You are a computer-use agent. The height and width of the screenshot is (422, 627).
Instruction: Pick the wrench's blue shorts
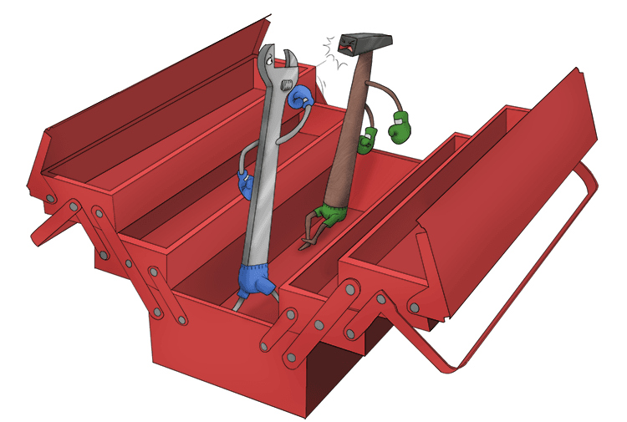(254, 280)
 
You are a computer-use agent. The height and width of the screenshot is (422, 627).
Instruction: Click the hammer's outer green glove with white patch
(400, 125)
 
